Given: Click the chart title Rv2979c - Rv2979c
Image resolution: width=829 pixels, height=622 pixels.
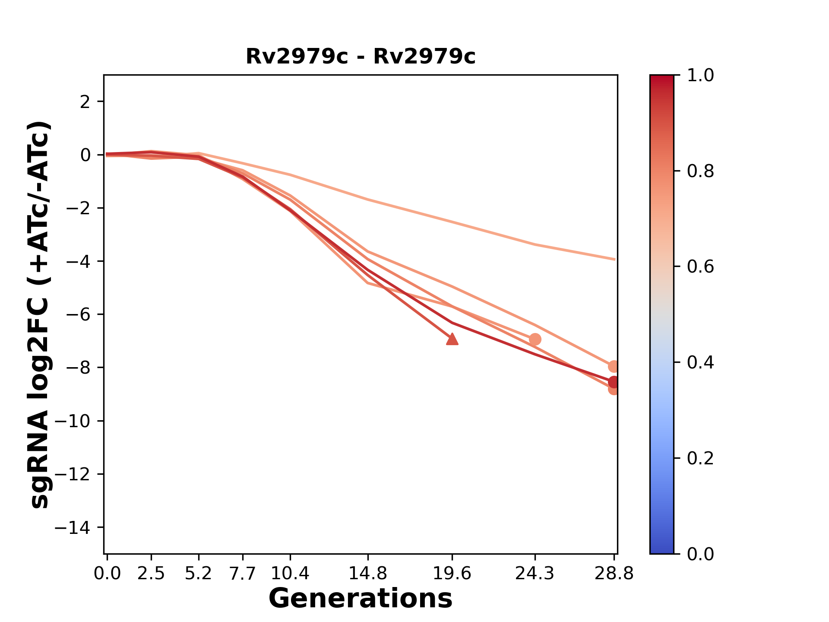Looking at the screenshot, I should point(361,57).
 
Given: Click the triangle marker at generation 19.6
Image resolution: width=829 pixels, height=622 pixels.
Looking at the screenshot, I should point(452,340).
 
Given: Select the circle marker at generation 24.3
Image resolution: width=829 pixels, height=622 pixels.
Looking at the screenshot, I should point(535,340).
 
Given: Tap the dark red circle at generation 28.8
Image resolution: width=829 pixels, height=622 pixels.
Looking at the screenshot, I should point(614,382).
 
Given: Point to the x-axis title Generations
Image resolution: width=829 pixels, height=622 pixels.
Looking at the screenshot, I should point(361,599).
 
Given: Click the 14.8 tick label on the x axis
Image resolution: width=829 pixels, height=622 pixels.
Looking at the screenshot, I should point(367,574).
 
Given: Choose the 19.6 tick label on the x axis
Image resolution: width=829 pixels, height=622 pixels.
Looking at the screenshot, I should point(452,574).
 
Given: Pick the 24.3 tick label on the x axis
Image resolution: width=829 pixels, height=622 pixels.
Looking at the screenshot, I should point(535,574).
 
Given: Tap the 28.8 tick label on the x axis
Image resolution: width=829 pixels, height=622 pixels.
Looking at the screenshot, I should point(614,574).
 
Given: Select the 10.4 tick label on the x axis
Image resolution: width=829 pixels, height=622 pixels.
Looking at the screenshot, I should point(290,574).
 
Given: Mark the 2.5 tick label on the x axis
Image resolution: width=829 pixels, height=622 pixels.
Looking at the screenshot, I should point(151,574).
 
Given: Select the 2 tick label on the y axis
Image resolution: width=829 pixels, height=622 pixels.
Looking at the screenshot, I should point(85,102).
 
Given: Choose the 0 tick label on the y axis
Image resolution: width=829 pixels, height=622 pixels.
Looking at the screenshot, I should point(85,155).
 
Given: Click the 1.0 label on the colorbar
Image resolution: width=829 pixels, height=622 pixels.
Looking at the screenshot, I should point(700,76).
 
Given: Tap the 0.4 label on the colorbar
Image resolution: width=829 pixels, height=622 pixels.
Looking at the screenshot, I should point(700,362).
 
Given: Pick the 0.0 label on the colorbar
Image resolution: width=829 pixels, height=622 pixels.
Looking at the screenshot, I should point(700,554).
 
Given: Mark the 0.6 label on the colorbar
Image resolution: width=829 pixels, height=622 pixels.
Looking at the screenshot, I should point(700,267).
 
